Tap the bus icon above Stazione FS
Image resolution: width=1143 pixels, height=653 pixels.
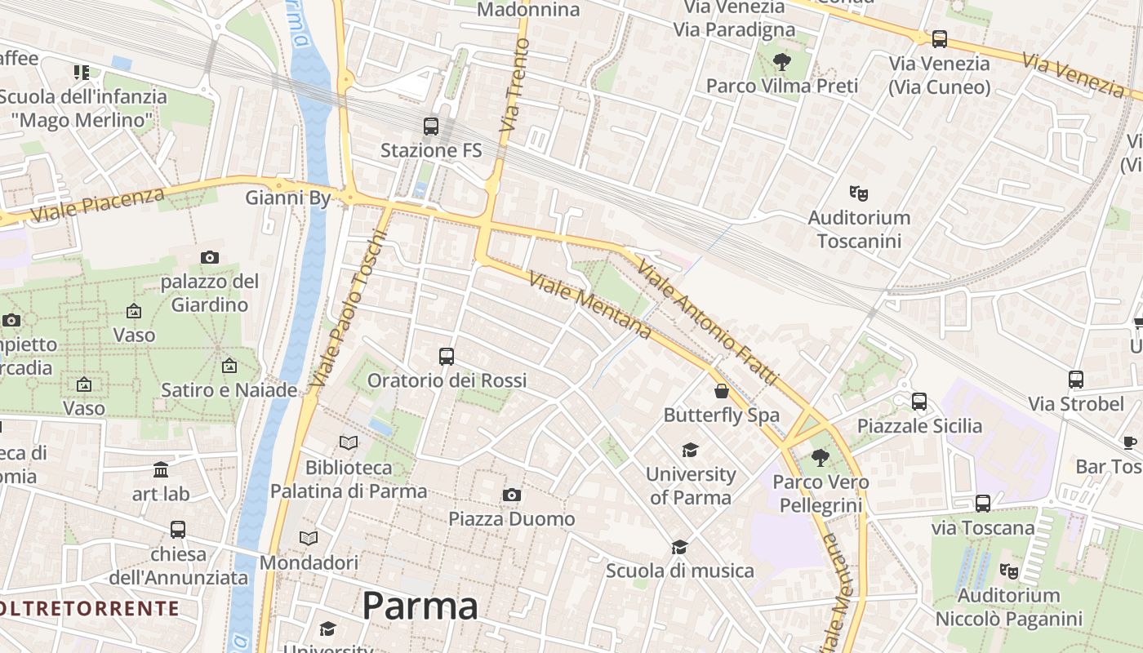tap(431, 127)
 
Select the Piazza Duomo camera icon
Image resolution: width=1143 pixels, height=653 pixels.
tap(512, 495)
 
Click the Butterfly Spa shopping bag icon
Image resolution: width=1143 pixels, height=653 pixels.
tap(722, 391)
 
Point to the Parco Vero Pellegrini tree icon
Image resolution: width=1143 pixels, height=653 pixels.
tap(821, 458)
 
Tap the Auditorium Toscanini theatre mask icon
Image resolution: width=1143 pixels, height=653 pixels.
tap(858, 193)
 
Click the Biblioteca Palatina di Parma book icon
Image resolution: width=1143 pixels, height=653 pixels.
tap(349, 442)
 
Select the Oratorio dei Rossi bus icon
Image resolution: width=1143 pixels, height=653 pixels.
tap(447, 356)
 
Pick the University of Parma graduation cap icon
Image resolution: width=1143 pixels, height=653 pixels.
tap(691, 450)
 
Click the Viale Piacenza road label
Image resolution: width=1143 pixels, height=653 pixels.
tap(98, 204)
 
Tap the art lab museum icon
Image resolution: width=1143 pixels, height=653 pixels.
tap(161, 470)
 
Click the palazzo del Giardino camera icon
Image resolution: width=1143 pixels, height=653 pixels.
tap(210, 258)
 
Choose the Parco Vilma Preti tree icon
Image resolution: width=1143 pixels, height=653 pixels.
tap(782, 61)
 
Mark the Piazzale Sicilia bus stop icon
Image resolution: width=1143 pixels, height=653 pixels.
tap(919, 401)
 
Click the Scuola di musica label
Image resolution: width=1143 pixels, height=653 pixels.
tap(680, 571)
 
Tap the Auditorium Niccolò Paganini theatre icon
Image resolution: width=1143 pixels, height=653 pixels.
tap(1009, 571)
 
